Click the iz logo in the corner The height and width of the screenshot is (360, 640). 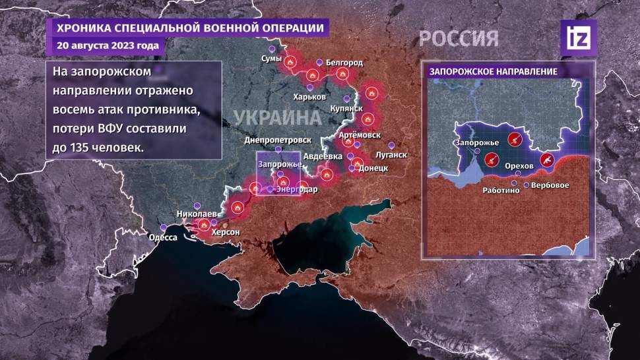(577, 38)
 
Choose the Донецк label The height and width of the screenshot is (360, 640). (371, 168)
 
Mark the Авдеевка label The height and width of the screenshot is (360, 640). (323, 156)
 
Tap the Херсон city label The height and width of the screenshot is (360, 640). (225, 233)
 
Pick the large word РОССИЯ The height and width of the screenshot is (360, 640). (458, 38)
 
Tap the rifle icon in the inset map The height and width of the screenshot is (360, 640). (548, 159)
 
